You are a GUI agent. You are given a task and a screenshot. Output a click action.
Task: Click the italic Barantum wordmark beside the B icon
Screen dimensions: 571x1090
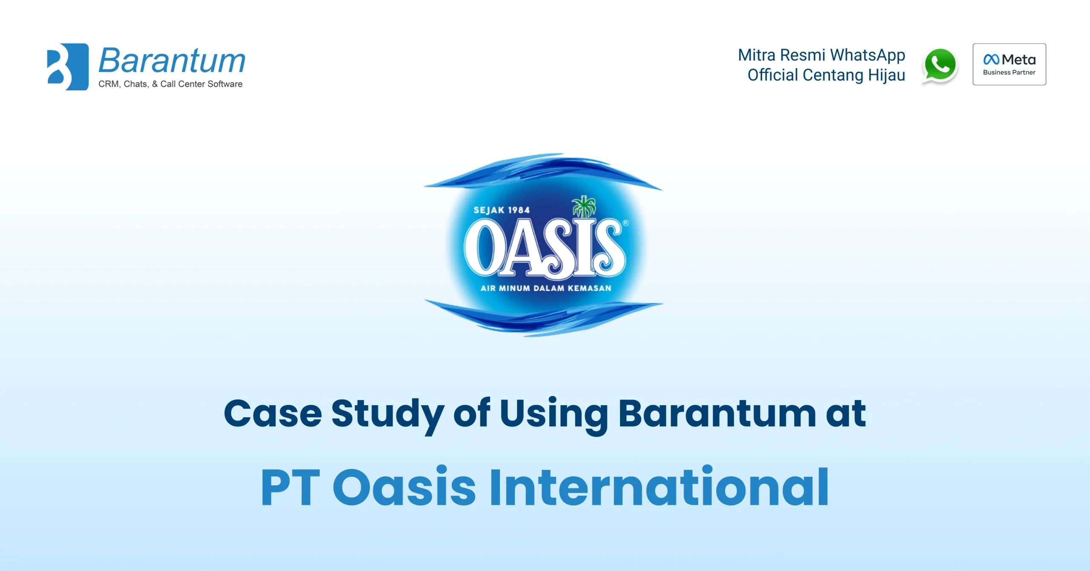(x=172, y=61)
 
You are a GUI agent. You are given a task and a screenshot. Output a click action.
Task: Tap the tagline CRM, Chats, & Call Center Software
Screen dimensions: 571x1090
(x=170, y=84)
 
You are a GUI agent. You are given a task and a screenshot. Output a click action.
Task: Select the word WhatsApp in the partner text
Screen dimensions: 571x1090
(x=867, y=55)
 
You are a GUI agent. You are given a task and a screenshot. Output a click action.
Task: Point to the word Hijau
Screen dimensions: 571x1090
(x=886, y=75)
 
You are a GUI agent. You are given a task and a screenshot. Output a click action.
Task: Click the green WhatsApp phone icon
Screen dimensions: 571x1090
(x=940, y=65)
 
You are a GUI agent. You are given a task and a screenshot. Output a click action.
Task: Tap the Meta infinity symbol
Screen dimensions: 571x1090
(x=991, y=59)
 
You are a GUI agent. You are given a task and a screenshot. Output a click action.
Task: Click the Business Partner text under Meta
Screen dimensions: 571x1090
(x=1009, y=72)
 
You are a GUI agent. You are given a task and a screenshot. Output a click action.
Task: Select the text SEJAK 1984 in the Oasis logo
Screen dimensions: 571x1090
(x=502, y=210)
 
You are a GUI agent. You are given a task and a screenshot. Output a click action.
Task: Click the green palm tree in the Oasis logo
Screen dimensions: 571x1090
(x=584, y=206)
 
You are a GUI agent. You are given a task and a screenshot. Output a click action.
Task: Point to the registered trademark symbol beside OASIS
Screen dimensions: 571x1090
(x=625, y=222)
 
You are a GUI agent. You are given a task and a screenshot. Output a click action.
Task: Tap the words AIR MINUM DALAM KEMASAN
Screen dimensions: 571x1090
(x=546, y=288)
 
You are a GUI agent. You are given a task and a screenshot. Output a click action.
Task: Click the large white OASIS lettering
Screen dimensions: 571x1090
(x=544, y=248)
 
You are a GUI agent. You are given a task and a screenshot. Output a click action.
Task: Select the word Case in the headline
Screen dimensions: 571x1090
(x=273, y=413)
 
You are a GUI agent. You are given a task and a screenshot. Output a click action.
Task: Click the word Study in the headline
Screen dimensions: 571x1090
(x=387, y=413)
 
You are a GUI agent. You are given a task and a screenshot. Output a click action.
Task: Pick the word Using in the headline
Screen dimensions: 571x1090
(x=554, y=413)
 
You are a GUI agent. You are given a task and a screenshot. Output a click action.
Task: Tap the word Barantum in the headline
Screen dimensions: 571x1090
(x=717, y=413)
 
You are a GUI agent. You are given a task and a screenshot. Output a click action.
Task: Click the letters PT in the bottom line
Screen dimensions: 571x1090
(x=290, y=487)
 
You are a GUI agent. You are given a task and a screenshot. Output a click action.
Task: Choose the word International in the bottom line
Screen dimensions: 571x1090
(x=659, y=487)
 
